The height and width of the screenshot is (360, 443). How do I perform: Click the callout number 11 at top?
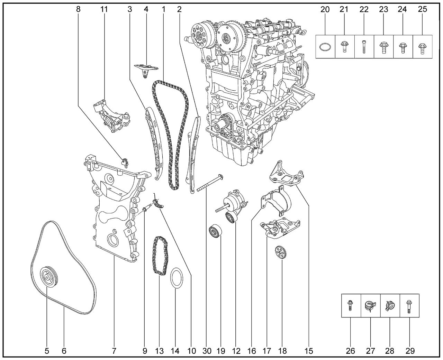104,9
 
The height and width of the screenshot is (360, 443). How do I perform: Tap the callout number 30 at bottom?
207,351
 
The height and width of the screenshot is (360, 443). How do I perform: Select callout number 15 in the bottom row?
309,351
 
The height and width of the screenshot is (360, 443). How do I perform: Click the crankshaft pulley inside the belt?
46,277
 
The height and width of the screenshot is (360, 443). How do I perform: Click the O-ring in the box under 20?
325,47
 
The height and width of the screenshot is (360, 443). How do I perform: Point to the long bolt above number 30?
209,184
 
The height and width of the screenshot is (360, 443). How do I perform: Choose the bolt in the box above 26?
351,305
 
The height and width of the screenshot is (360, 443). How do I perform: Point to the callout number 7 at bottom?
114,351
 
